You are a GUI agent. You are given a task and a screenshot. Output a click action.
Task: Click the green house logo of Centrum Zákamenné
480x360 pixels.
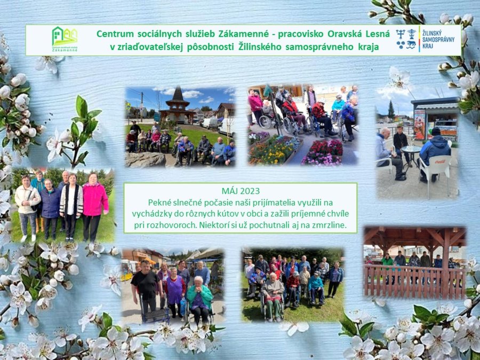coord(65,36)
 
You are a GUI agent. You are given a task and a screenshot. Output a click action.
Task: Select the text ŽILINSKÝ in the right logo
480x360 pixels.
coord(434,32)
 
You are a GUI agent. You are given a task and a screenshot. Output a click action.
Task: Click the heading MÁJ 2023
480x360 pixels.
coord(241,191)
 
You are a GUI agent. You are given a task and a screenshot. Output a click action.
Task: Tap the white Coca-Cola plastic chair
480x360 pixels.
coord(435,169)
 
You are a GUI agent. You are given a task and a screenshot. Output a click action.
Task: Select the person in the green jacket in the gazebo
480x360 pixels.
coord(387,260)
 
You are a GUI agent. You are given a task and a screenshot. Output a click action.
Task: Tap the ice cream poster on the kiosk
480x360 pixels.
coord(420,124)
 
